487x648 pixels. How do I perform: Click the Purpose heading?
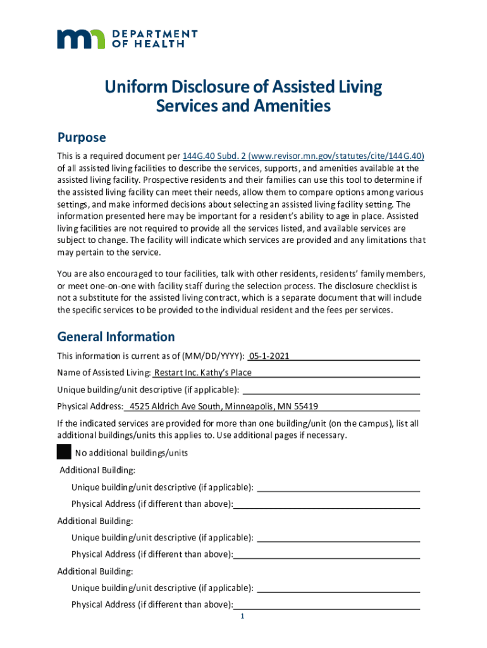(82, 138)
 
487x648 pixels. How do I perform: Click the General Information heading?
(116, 337)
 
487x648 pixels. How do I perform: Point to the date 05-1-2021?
(269, 356)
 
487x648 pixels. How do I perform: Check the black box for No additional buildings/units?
(64, 452)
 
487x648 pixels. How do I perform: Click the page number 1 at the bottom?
(242, 617)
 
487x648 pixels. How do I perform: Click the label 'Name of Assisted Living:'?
(104, 373)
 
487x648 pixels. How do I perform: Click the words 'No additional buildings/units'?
(131, 453)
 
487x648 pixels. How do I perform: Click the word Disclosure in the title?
(215, 87)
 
